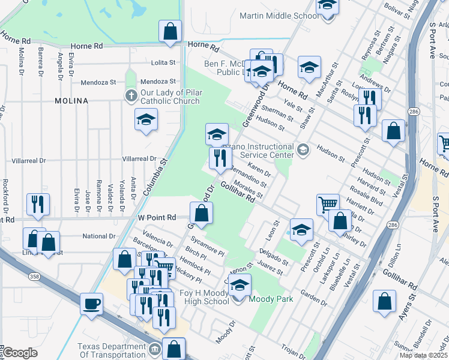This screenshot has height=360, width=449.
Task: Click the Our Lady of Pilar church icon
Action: [x=131, y=96]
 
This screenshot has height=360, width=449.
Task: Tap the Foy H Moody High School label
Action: [x=205, y=298]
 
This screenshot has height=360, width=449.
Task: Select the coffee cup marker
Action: [x=92, y=303]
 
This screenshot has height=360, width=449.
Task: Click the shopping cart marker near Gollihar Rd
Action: [x=328, y=205]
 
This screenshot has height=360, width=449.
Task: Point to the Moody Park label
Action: [x=271, y=298]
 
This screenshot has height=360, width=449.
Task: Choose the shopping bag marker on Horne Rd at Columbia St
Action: [x=170, y=31]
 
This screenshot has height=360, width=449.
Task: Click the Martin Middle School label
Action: [x=279, y=16]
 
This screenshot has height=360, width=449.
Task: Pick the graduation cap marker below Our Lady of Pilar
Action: [x=145, y=120]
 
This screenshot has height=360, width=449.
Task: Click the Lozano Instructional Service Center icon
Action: [x=303, y=149]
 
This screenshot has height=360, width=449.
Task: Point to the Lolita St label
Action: [x=163, y=62]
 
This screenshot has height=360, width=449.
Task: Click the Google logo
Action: [x=20, y=353]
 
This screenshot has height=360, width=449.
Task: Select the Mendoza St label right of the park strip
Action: [x=158, y=82]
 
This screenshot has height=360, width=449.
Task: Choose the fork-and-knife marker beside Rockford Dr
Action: [x=37, y=205]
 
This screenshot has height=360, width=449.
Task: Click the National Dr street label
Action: [x=99, y=236]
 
